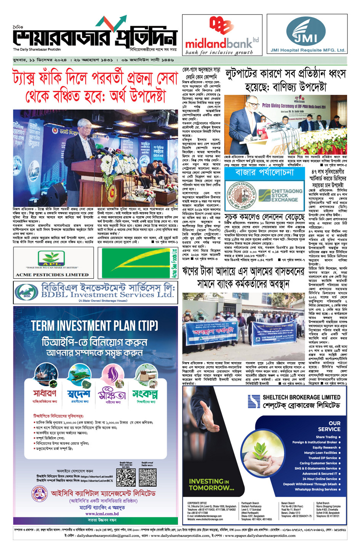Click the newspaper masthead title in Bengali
[95, 36]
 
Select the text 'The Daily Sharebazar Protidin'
[37, 50]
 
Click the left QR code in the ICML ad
[126, 477]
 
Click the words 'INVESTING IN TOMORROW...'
[211, 484]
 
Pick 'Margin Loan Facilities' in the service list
[320, 453]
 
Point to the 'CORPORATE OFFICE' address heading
[197, 503]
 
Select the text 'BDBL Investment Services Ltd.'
[107, 294]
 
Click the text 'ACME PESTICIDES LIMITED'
[52, 275]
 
